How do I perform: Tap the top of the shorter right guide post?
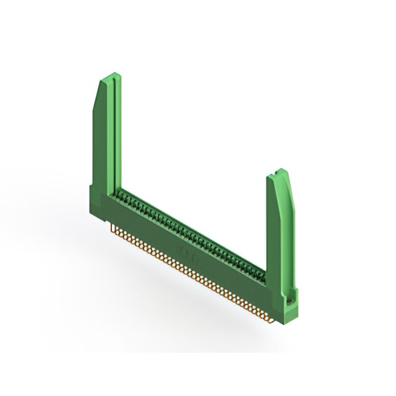279,171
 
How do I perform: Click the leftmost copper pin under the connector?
112,228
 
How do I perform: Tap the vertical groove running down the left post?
111,136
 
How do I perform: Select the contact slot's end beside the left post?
121,192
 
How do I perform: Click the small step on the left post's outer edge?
93,186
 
